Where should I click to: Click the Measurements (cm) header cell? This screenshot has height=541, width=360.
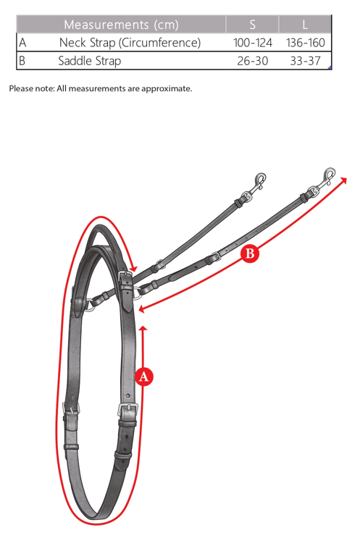(x=121, y=25)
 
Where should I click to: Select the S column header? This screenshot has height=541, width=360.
(x=252, y=25)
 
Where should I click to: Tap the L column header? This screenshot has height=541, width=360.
(x=305, y=25)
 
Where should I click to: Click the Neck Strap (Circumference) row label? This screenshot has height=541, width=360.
(x=130, y=43)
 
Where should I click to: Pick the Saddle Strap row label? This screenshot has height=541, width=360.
(x=89, y=61)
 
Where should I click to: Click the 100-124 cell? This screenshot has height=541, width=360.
(x=252, y=43)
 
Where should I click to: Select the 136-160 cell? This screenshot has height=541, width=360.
(x=306, y=43)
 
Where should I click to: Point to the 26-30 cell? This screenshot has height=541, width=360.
(x=252, y=61)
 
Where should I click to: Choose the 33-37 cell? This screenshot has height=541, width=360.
(x=306, y=61)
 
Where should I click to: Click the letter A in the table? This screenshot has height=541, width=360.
(x=22, y=43)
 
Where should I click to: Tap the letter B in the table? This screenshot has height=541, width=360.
(x=22, y=61)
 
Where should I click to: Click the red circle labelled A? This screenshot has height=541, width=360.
(x=144, y=377)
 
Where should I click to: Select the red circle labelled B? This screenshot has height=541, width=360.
(x=250, y=253)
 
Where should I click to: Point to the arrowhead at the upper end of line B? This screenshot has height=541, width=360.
(x=343, y=180)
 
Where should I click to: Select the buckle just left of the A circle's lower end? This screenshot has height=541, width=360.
(x=127, y=411)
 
